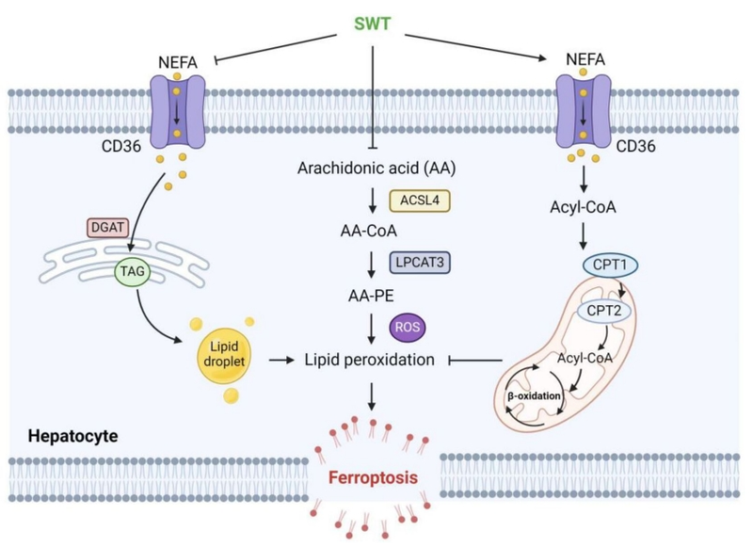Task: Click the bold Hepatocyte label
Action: (60, 436)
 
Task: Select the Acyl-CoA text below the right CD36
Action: (585, 207)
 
